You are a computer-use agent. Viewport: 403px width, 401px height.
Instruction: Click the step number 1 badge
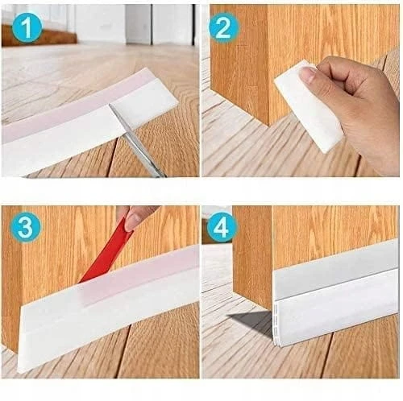point(27,27)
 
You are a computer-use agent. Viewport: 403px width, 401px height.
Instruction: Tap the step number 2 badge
point(223,28)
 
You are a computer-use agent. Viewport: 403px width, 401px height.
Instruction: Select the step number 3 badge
point(26,227)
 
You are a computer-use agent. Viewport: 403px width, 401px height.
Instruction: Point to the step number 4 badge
point(222,227)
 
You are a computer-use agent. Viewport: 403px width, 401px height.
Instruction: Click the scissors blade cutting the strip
point(137,141)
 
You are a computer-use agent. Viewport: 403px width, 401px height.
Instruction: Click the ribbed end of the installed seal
point(276,325)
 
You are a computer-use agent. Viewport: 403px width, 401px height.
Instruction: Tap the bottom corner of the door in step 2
point(268,126)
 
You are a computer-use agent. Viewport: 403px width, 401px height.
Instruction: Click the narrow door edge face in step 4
point(252,258)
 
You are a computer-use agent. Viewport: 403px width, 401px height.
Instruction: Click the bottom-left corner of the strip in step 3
point(19,372)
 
